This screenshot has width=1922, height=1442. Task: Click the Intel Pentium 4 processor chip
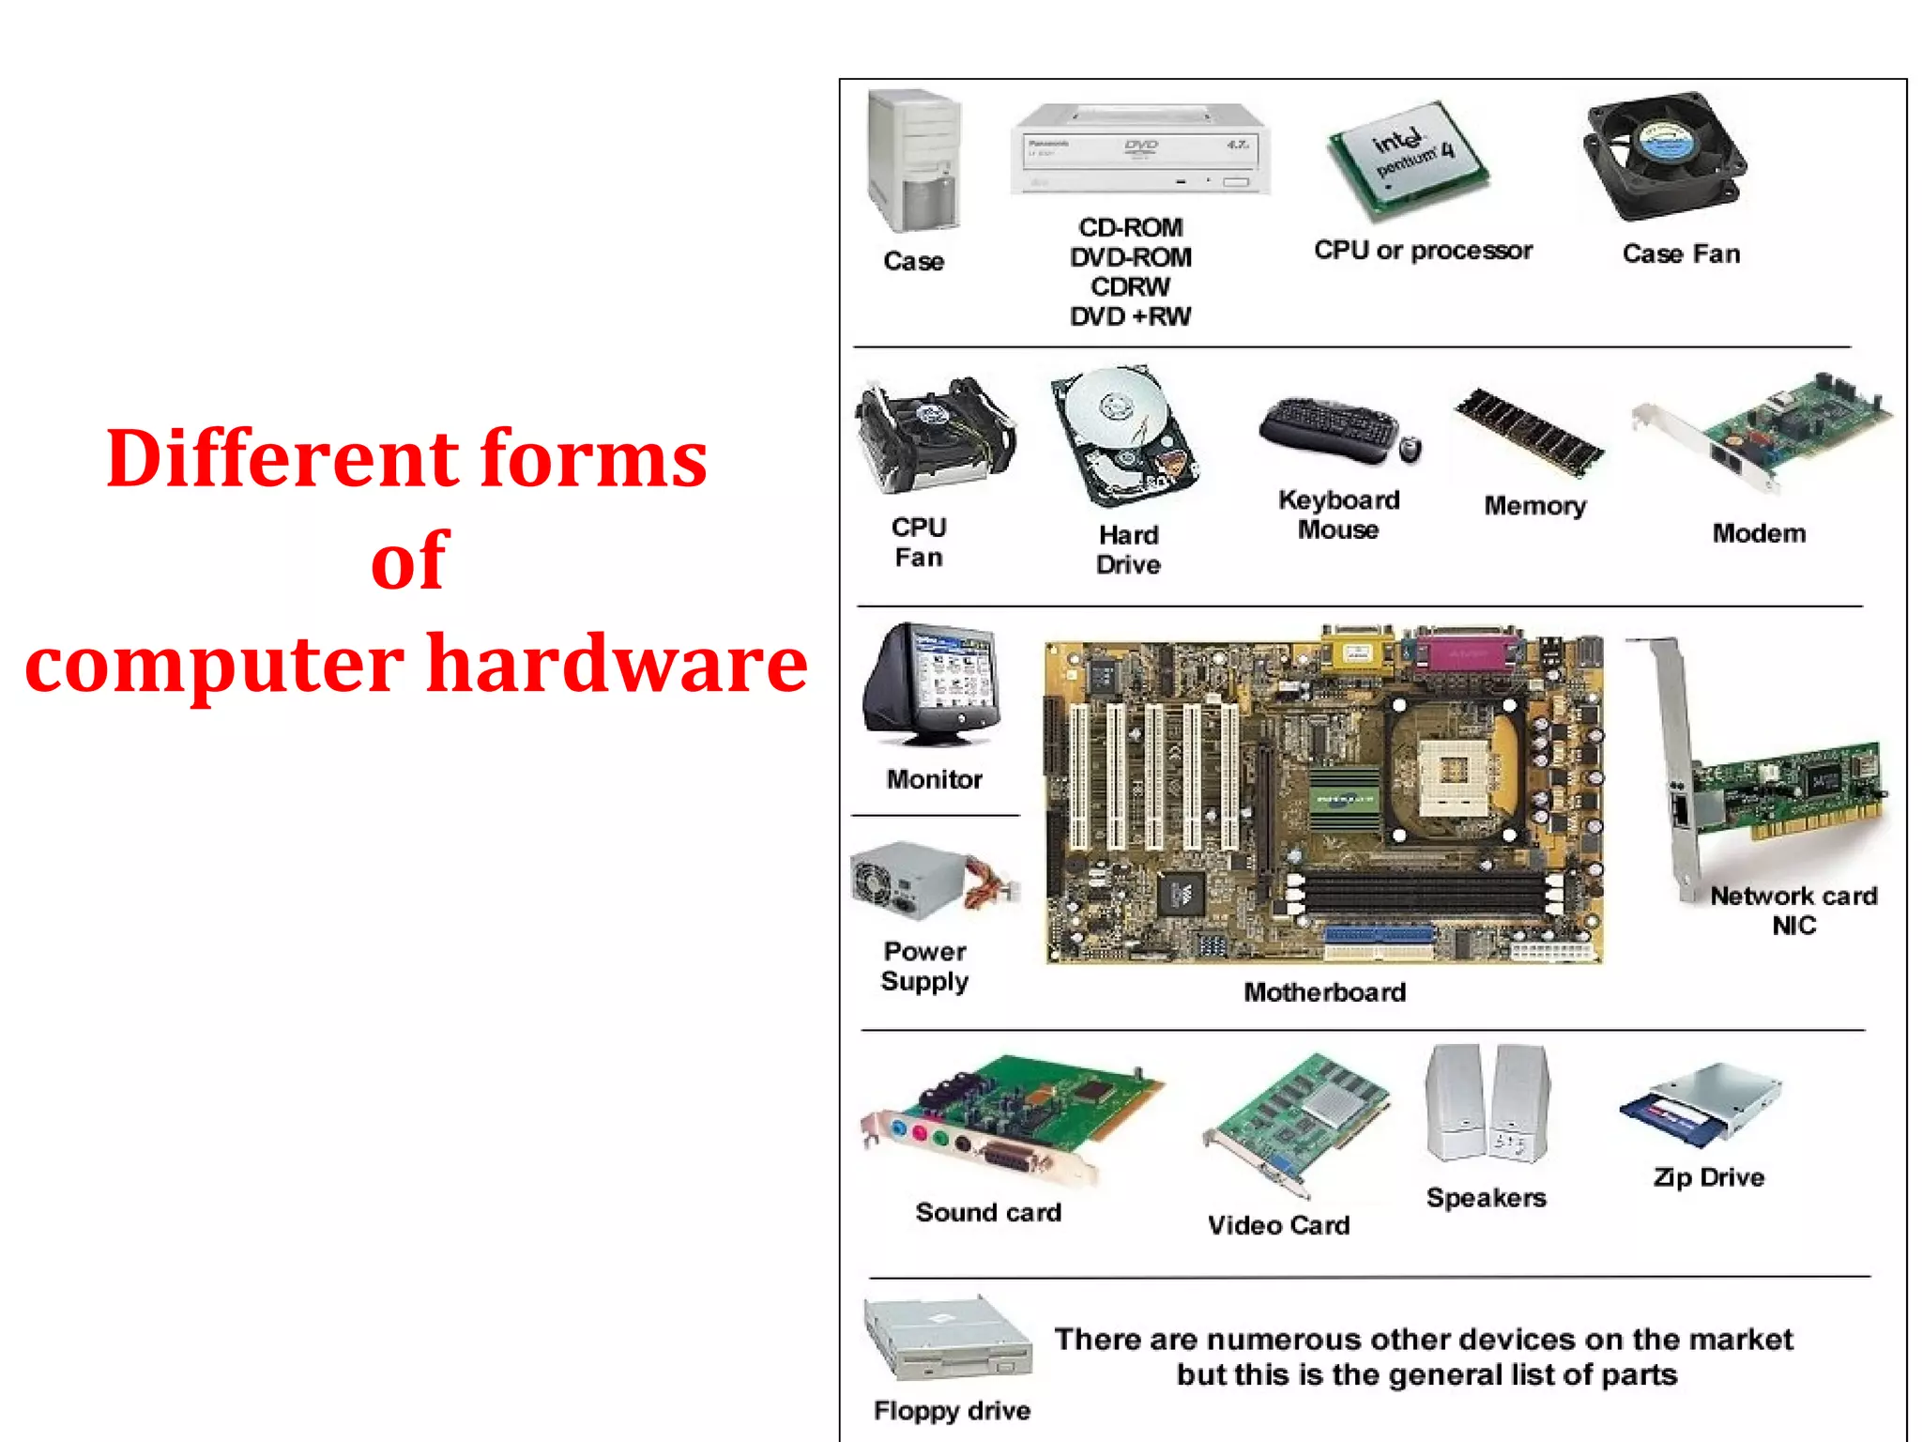(1408, 160)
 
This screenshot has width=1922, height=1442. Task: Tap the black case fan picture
(1665, 156)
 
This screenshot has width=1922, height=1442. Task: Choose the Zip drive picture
(1701, 1106)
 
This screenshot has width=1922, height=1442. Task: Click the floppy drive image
(946, 1340)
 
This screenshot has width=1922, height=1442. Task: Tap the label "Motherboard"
(1324, 992)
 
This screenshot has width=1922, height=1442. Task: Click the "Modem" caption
(1759, 533)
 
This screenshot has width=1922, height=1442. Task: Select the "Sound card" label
(988, 1213)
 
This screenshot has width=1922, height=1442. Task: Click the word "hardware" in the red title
(617, 663)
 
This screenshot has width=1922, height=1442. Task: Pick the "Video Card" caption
(1278, 1225)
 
